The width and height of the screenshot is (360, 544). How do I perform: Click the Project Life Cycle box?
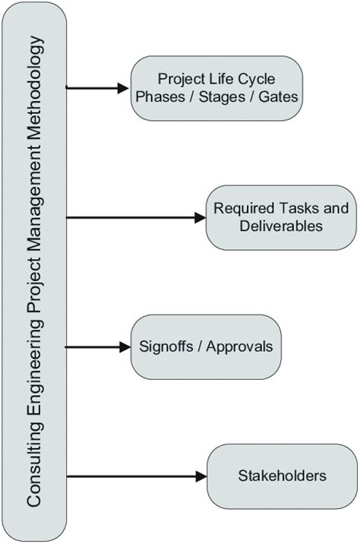pyautogui.click(x=216, y=87)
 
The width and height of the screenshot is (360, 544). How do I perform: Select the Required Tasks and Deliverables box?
pyautogui.click(x=282, y=217)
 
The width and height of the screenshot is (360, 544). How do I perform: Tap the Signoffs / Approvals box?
pyautogui.click(x=206, y=346)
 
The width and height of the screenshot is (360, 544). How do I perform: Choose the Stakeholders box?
pyautogui.click(x=282, y=476)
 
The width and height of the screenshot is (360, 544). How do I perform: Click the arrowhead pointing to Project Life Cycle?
pyautogui.click(x=124, y=87)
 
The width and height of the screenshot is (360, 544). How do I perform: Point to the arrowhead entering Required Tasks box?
pyautogui.click(x=201, y=218)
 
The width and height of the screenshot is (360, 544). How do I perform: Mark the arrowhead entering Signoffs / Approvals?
pyautogui.click(x=125, y=347)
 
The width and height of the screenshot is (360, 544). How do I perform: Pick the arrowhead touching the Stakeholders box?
pyautogui.click(x=201, y=477)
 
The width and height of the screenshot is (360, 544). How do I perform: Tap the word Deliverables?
pyautogui.click(x=282, y=226)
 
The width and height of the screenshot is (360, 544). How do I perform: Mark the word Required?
pyautogui.click(x=242, y=208)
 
